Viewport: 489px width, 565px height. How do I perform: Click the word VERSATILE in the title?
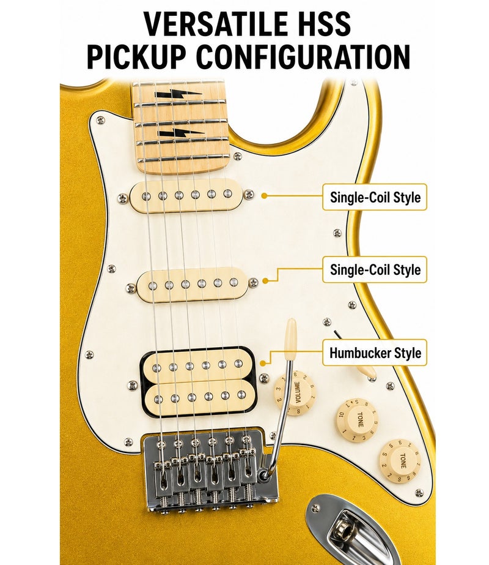tap(211, 24)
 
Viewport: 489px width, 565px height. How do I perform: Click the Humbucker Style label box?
tap(375, 353)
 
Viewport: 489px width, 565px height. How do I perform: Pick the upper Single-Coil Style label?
tap(375, 196)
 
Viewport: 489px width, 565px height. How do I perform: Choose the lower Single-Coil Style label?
tap(375, 269)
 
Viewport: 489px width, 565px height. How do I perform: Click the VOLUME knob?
tap(296, 394)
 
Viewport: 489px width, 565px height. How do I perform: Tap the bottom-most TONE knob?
tap(400, 462)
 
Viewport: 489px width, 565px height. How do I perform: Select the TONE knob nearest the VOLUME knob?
tap(357, 421)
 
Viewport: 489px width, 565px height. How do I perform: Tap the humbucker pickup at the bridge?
tap(198, 381)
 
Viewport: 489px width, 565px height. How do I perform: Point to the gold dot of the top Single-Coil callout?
tap(264, 196)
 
